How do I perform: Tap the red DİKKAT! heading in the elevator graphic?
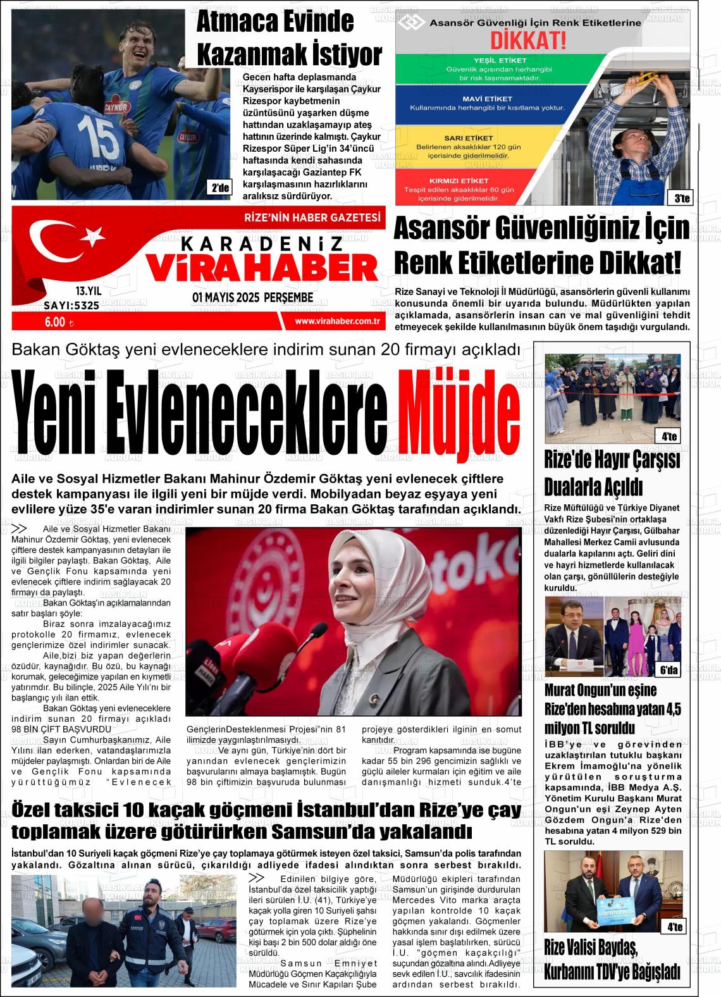528,41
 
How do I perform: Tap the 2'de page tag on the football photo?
221,187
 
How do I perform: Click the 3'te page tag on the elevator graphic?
681,199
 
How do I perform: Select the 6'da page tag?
669,670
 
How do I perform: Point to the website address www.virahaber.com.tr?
337,321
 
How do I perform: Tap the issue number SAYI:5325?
71,306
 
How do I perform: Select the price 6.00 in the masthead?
55,321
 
